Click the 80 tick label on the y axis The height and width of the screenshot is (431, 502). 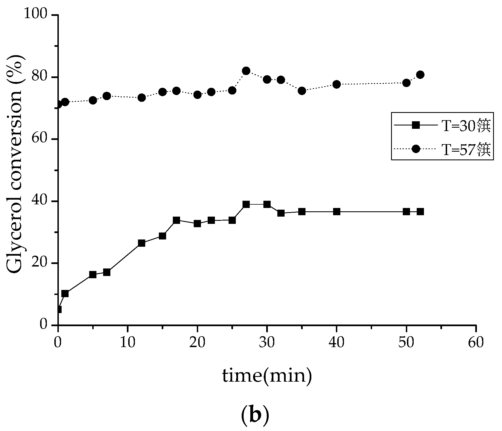coord(41,77)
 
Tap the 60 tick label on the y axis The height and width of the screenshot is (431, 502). coord(41,139)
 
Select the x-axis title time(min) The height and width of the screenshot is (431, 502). coord(267,376)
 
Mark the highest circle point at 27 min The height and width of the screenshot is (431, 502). coord(246,71)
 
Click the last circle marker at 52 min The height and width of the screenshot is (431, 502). coord(420,74)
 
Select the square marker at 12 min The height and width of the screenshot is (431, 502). coord(142,243)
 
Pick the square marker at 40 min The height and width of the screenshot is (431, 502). coord(336,212)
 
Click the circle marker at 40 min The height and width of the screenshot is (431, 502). coord(336,84)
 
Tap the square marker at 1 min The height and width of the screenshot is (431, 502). coord(65,294)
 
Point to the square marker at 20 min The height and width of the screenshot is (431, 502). coord(197,224)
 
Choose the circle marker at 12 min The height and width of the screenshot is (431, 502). coord(142,98)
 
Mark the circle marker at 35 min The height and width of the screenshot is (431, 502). coord(302,91)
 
